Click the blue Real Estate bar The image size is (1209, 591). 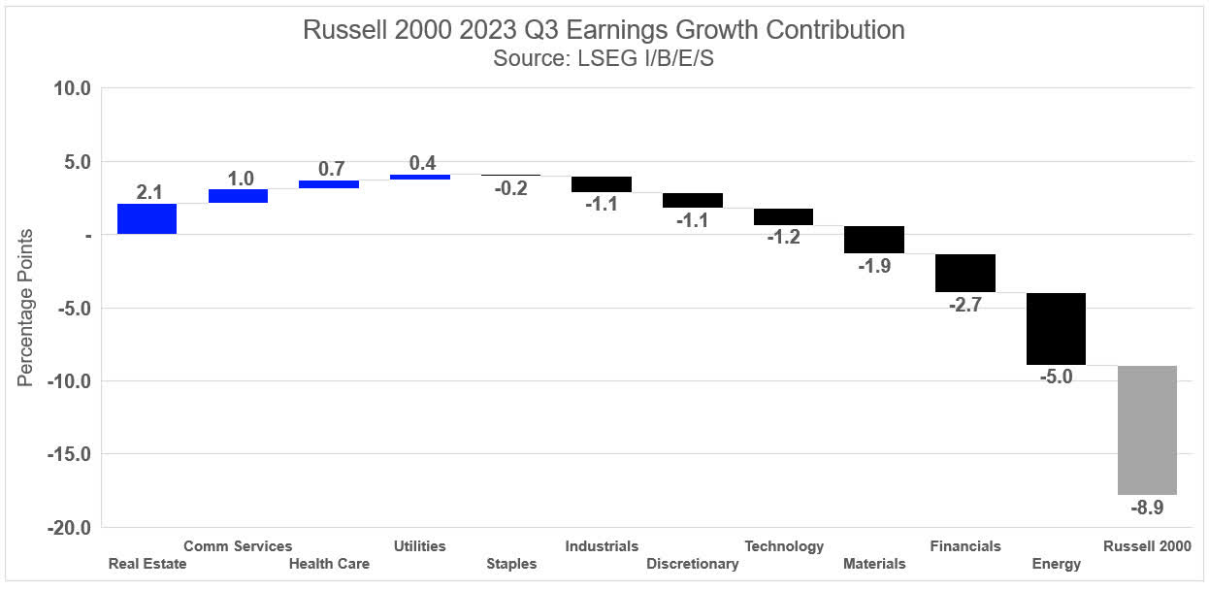coord(147,219)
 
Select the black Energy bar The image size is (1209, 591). coord(1056,329)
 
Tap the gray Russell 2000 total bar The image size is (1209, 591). coord(1147,430)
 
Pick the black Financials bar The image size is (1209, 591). coord(964,273)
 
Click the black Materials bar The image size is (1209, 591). coord(874,240)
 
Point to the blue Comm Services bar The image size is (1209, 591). coord(238,196)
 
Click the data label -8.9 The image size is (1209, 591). coord(1147,508)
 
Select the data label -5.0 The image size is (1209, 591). coord(1056,378)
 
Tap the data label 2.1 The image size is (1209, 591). coord(148,192)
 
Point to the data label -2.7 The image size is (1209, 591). coord(964,305)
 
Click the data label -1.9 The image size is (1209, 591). coord(874,266)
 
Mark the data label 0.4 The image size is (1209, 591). coord(421,163)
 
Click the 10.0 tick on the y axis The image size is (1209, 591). coord(70,89)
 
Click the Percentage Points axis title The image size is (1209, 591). coord(26,308)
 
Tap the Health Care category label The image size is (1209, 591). coord(329,564)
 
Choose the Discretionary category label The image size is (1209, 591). coord(692,564)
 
